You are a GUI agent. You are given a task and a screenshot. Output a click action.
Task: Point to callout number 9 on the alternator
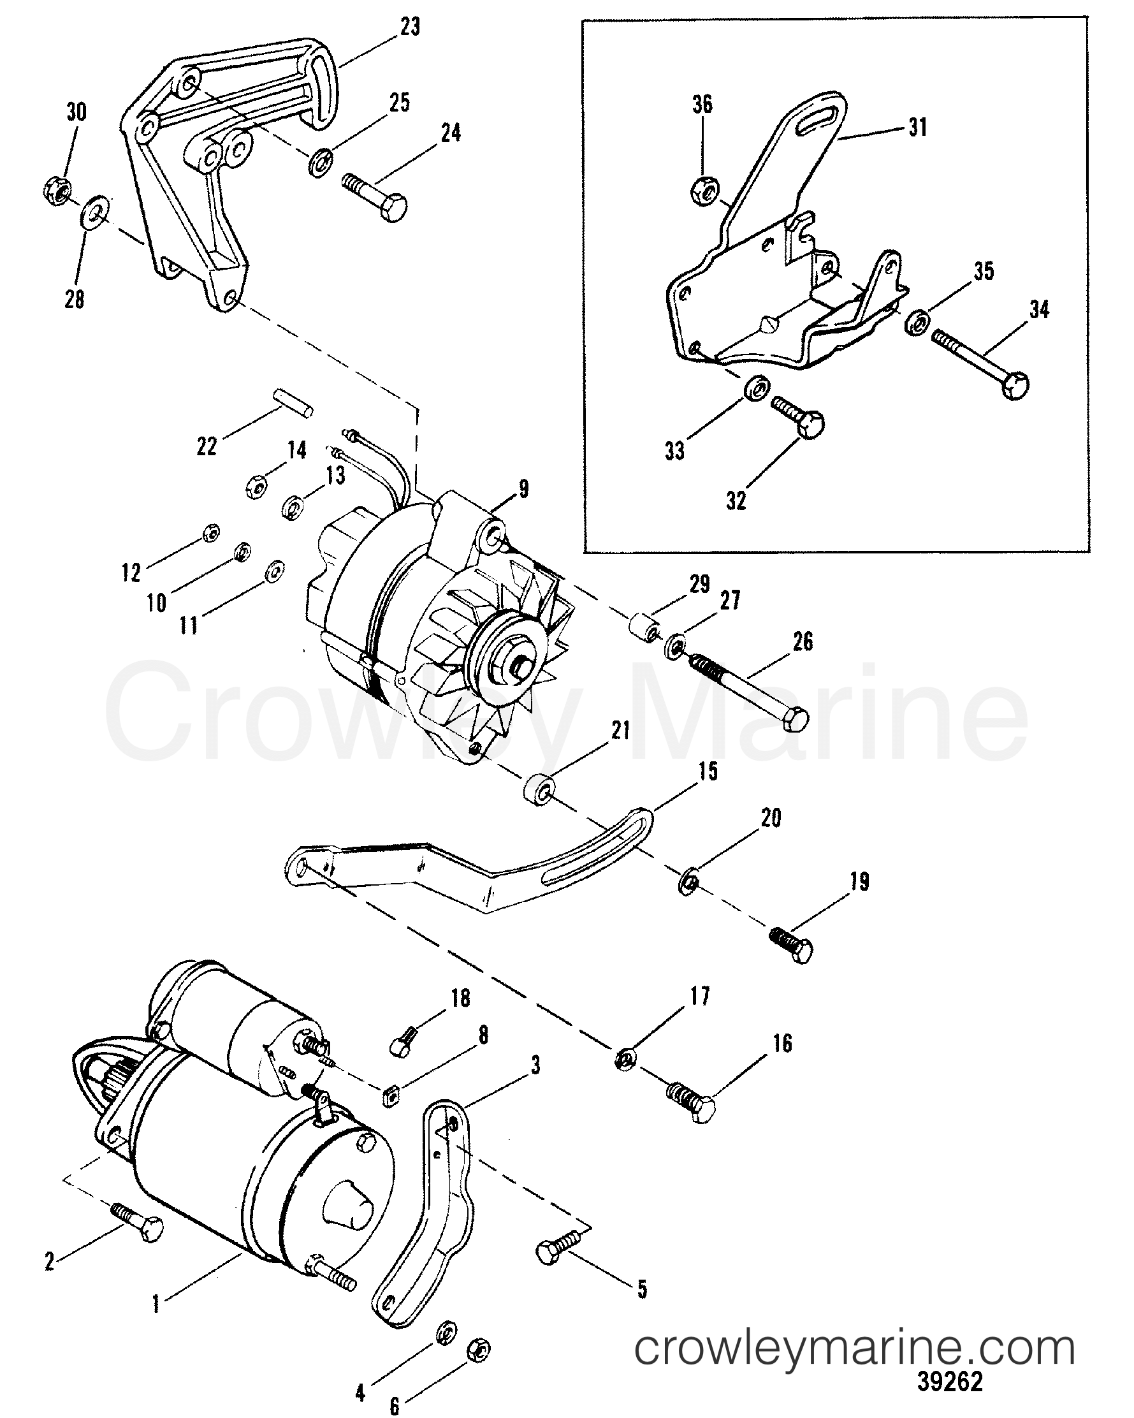523,489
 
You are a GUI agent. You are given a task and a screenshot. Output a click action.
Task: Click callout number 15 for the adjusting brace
708,771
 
